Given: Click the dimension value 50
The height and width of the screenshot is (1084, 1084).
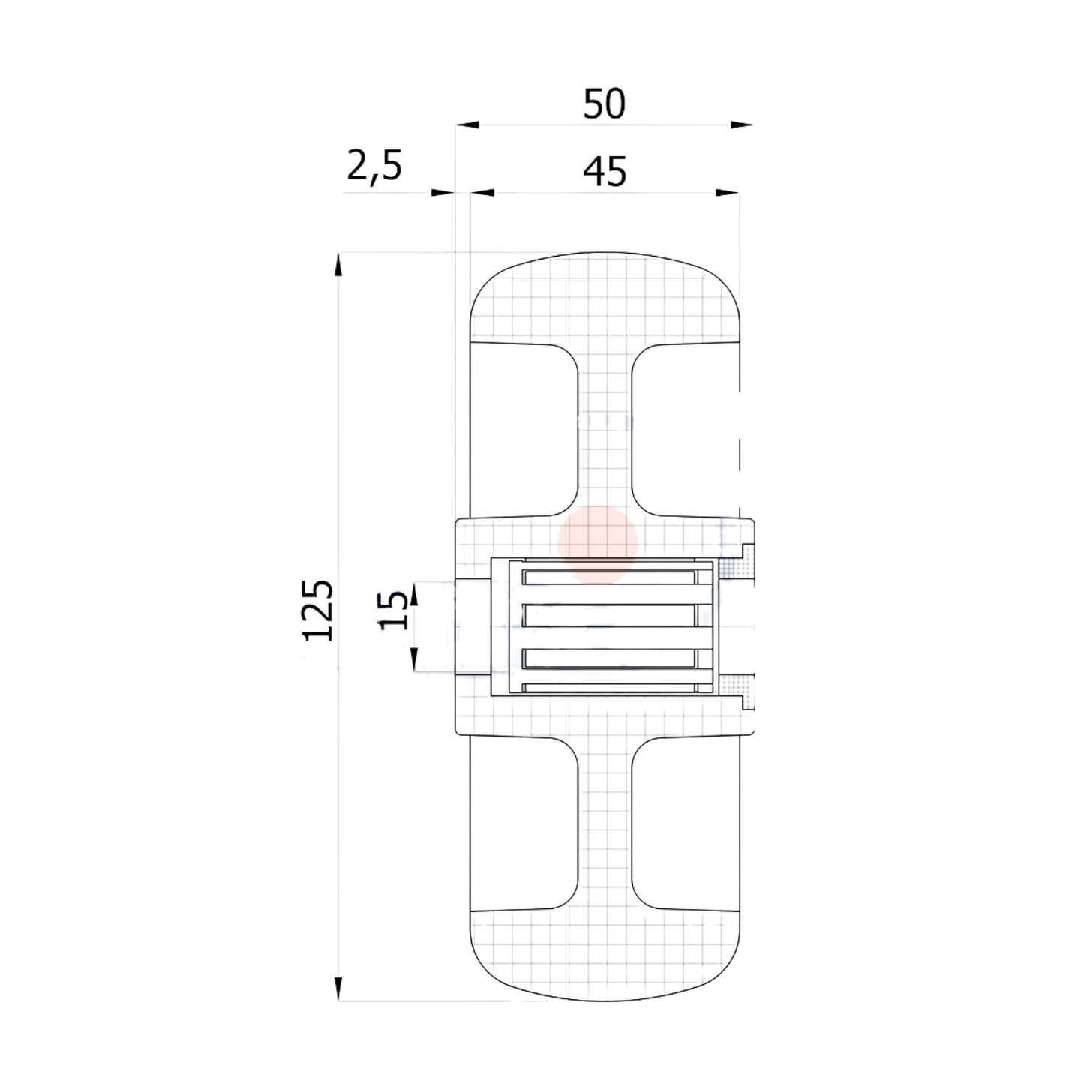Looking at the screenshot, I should [604, 104].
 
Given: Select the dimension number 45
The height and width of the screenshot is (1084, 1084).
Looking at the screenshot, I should [605, 172].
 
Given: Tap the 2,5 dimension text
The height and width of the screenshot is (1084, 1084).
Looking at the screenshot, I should [374, 166].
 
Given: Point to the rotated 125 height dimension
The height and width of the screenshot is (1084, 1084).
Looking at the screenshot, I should [317, 609].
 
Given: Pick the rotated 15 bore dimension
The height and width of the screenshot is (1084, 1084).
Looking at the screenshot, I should [394, 609].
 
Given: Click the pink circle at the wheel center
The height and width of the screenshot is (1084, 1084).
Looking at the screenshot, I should [598, 544].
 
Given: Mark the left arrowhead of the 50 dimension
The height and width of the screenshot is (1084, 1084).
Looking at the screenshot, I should [467, 125].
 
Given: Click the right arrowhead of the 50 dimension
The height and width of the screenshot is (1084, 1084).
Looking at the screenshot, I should [741, 125].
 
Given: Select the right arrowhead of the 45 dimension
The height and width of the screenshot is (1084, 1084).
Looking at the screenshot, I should [728, 193].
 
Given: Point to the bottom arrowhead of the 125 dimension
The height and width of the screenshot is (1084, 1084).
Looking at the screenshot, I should [338, 988].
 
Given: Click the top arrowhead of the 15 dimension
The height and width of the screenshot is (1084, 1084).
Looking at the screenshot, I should [414, 592].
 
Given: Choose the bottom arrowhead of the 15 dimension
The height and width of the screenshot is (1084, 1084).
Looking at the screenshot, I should [414, 660].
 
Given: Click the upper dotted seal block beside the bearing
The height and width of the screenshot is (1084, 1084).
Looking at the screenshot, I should [737, 568].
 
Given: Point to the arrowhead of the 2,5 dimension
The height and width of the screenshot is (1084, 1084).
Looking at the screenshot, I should [443, 193].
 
